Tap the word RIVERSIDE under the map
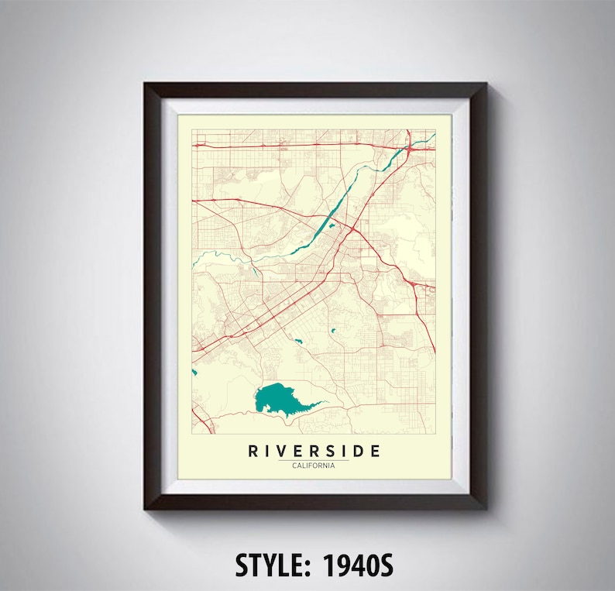tap(314, 451)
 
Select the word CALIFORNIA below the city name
tap(314, 465)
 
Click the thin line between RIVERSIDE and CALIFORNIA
tap(314, 459)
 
